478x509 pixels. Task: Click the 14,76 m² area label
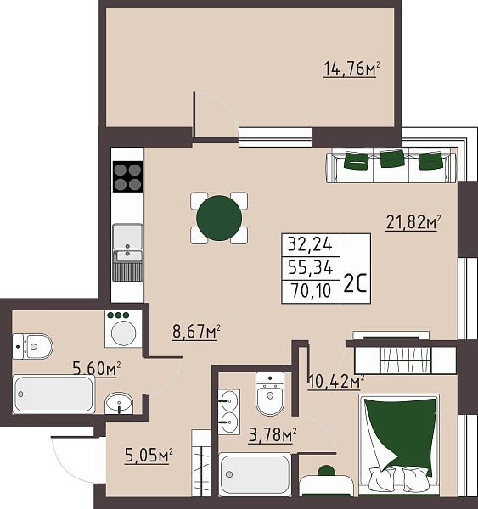pyautogui.click(x=351, y=69)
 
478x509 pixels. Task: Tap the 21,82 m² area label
pyautogui.click(x=413, y=223)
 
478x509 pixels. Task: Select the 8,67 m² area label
pyautogui.click(x=196, y=332)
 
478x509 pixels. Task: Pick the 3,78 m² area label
pyautogui.click(x=271, y=437)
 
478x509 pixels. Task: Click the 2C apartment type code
pyautogui.click(x=354, y=284)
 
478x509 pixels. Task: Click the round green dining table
pyautogui.click(x=218, y=218)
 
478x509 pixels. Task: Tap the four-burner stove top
pyautogui.click(x=127, y=176)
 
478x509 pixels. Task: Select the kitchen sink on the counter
pyautogui.click(x=127, y=240)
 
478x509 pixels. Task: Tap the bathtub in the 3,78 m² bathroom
pyautogui.click(x=255, y=475)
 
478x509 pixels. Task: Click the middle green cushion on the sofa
pyautogui.click(x=391, y=159)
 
